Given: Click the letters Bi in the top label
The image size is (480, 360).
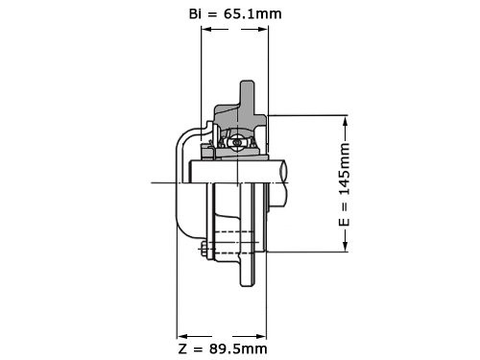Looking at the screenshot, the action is point(195,13).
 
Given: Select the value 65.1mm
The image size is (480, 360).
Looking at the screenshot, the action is point(252,13).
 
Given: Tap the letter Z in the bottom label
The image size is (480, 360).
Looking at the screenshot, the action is point(182,348).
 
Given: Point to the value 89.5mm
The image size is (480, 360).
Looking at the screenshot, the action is point(238,348).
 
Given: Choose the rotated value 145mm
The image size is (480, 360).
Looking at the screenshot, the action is point(344,169).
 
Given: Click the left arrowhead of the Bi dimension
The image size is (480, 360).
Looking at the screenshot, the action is point(206,29).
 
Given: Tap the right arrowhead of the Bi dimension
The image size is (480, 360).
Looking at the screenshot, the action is point(262,29).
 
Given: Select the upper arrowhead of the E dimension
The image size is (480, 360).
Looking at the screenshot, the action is point(345,121).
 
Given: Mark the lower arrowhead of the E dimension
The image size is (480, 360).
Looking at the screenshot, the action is point(345,246).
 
